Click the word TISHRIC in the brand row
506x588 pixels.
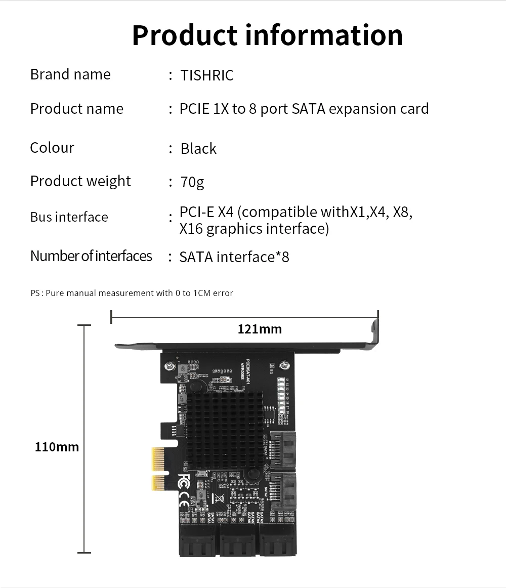pyautogui.click(x=207, y=75)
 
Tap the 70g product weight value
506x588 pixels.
pyautogui.click(x=192, y=182)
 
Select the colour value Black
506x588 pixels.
pyautogui.click(x=198, y=149)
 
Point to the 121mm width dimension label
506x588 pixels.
pyautogui.click(x=260, y=329)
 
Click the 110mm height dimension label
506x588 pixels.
pyautogui.click(x=57, y=447)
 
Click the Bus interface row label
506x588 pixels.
pyautogui.click(x=69, y=217)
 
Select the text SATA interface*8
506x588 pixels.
pyautogui.click(x=234, y=257)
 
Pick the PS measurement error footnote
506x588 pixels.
pyautogui.click(x=132, y=293)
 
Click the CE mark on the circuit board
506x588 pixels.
pyautogui.click(x=184, y=499)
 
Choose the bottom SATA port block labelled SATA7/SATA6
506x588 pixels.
pyautogui.click(x=198, y=540)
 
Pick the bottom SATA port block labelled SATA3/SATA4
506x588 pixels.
pyautogui.click(x=277, y=540)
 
